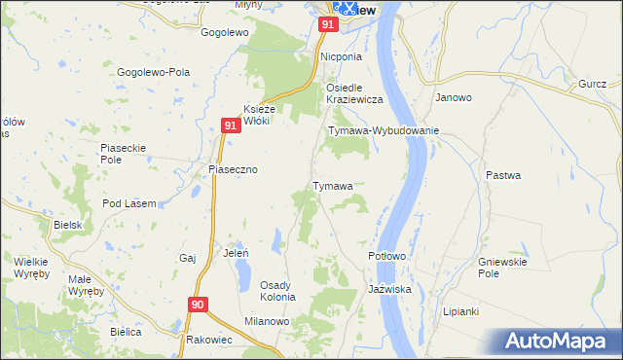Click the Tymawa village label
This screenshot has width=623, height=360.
(332, 185)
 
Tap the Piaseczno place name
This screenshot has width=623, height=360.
(233, 169)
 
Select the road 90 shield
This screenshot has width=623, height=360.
(198, 305)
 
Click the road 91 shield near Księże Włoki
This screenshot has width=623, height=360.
(230, 126)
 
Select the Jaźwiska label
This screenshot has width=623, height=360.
(390, 290)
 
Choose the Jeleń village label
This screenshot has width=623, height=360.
(237, 252)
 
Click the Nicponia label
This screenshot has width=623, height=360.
(342, 56)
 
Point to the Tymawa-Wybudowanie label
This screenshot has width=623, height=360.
(385, 129)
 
